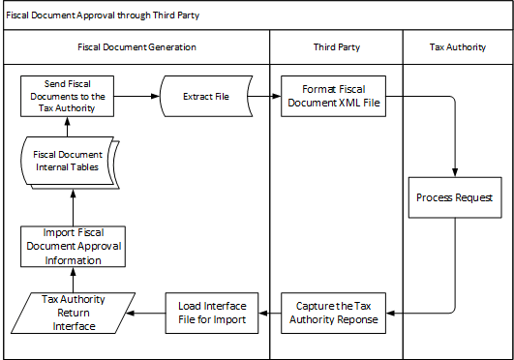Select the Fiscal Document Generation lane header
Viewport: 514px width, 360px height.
[x=136, y=46]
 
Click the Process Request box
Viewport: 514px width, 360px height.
[x=455, y=197]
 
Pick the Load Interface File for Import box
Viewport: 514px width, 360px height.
[x=211, y=312]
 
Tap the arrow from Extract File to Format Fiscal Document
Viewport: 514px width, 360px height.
[x=265, y=97]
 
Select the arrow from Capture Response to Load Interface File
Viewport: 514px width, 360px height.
[x=271, y=312]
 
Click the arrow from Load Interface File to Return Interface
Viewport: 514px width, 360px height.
[x=145, y=312]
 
